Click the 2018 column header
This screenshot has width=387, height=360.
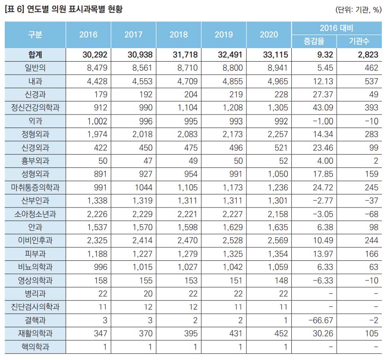coord(178,35)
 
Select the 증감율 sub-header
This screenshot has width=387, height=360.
coord(314,42)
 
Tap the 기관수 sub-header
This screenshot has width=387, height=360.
coord(359,42)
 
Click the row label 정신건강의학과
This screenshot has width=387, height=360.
coord(35,107)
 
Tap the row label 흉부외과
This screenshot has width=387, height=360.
coord(35,161)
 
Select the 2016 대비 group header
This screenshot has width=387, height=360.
coord(336,28)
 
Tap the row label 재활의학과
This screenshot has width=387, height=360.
coord(35,334)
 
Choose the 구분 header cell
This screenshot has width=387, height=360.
coord(35,35)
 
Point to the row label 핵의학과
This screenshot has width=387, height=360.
coord(35,347)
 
